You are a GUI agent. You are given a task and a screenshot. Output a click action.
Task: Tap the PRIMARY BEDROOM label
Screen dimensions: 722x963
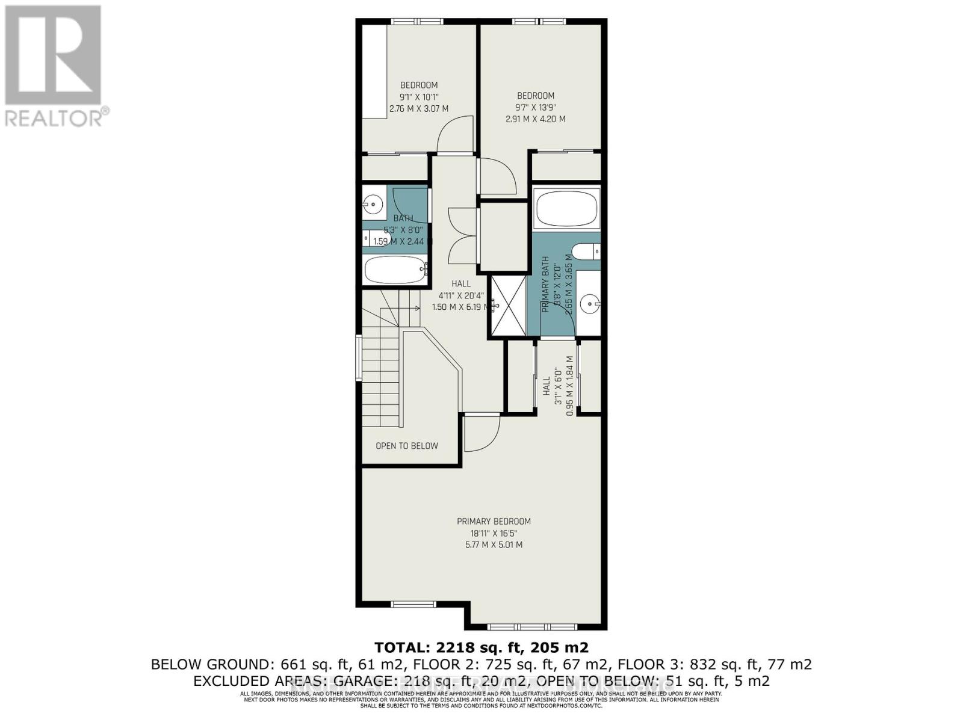pyautogui.click(x=494, y=522)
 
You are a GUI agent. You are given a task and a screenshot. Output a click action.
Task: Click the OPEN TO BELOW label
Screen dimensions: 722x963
pyautogui.click(x=407, y=446)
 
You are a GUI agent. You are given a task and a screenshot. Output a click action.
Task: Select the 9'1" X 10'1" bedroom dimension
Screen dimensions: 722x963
pyautogui.click(x=419, y=97)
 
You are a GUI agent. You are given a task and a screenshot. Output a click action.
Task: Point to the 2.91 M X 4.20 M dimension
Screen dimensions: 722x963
pyautogui.click(x=535, y=119)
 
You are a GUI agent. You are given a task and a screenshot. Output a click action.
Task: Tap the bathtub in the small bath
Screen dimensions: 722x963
pyautogui.click(x=395, y=270)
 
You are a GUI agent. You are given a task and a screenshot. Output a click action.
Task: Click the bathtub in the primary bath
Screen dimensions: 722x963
pyautogui.click(x=566, y=208)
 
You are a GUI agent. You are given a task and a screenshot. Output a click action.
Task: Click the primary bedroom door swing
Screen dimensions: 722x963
pyautogui.click(x=482, y=432)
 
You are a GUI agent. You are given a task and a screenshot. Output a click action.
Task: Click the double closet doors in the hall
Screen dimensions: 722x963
pyautogui.click(x=462, y=236)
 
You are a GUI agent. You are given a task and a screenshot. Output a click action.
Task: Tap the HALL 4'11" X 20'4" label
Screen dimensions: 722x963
pyautogui.click(x=461, y=295)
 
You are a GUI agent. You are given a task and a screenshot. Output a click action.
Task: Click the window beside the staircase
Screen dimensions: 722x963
pyautogui.click(x=359, y=359)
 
